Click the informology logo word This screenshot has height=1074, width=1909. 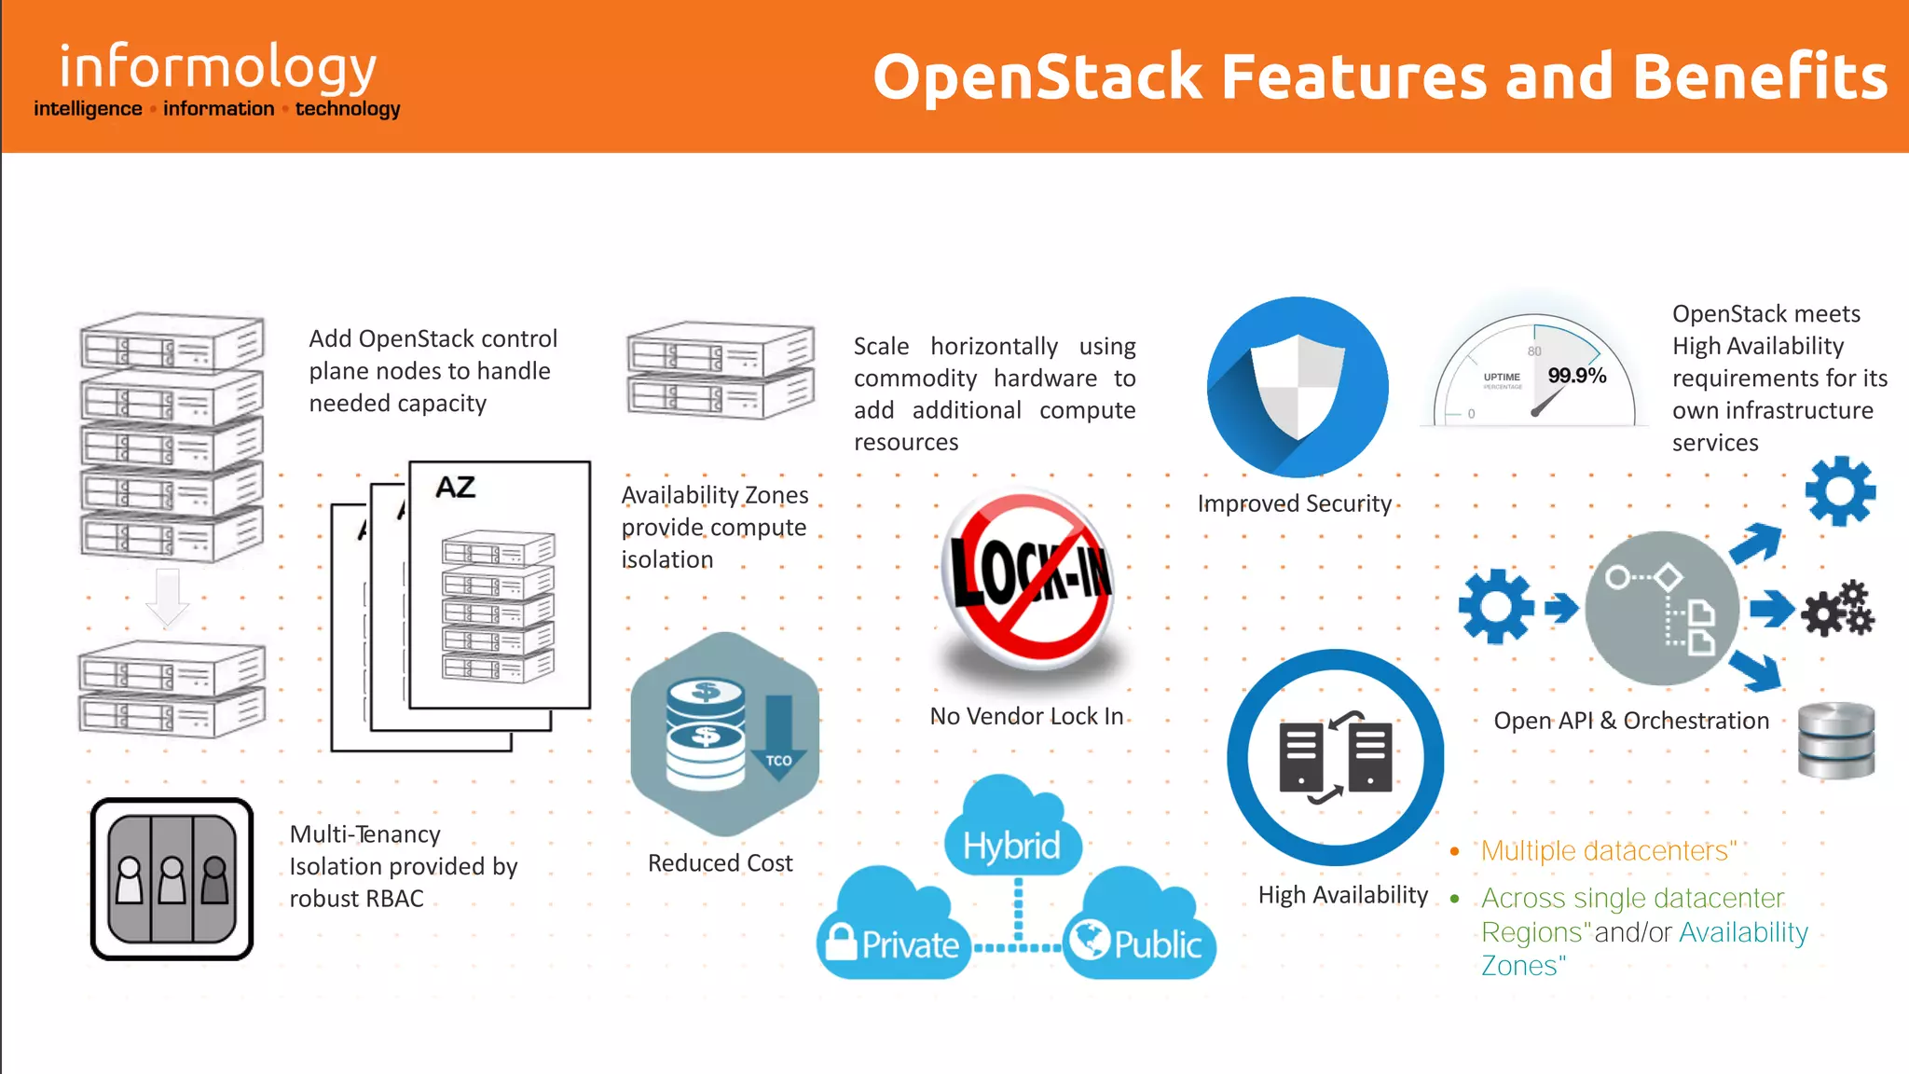tap(217, 67)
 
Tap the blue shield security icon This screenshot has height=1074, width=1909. tap(1298, 387)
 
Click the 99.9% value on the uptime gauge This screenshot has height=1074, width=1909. tap(1576, 376)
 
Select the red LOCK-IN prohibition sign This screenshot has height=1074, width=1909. tap(1029, 578)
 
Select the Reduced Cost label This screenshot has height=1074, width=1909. tap(720, 863)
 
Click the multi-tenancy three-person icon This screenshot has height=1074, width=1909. tap(172, 878)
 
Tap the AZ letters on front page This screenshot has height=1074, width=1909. tap(455, 487)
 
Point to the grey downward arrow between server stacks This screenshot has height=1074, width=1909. tap(168, 598)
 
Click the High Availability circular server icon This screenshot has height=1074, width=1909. tap(1336, 757)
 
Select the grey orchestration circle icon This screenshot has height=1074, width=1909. tap(1661, 609)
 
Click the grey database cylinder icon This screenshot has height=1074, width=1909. tap(1835, 740)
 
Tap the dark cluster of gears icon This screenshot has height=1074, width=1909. tap(1837, 610)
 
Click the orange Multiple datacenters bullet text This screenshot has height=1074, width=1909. tap(1608, 850)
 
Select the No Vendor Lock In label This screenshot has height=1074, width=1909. tap(1026, 716)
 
